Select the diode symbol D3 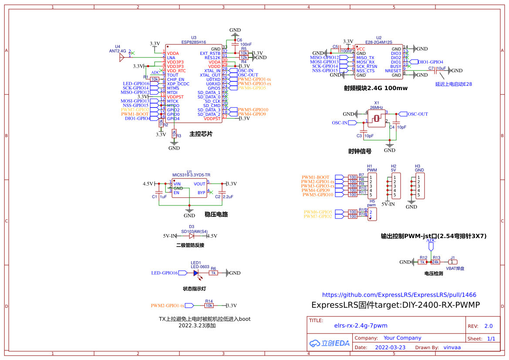click(192, 236)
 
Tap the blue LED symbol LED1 click(196, 273)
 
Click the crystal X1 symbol click(377, 118)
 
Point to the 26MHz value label click(377, 107)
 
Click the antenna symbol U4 click(122, 57)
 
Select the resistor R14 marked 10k click(209, 306)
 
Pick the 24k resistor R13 click(435, 262)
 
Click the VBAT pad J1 click(453, 262)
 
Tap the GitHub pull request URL click(399, 295)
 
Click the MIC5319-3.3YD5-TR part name click(191, 175)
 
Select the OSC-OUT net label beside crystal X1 click(418, 114)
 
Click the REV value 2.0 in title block click(489, 326)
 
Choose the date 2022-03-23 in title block click(390, 347)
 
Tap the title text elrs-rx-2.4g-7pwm click(361, 326)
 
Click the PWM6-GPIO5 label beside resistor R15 click(318, 212)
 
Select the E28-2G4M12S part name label click(379, 42)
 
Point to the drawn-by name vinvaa click(452, 347)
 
